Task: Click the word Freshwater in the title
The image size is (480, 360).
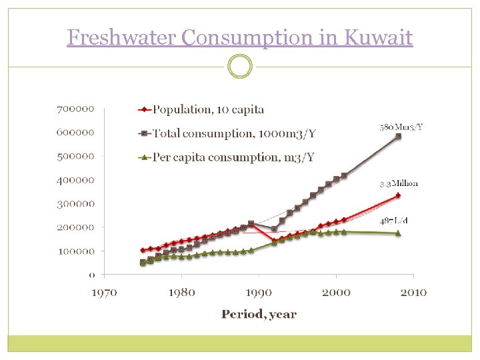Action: click(122, 37)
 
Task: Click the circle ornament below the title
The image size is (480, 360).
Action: click(240, 67)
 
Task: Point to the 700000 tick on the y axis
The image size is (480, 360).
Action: click(75, 108)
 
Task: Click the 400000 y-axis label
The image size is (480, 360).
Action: click(75, 179)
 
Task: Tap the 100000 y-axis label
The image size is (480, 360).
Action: click(75, 251)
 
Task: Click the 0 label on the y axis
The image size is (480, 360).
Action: click(91, 275)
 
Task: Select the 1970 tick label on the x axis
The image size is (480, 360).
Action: click(105, 292)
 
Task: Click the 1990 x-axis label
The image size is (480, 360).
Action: click(259, 292)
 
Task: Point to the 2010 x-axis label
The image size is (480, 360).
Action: click(413, 292)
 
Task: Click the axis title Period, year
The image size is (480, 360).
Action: click(259, 314)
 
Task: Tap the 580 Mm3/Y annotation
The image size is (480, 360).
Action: click(400, 127)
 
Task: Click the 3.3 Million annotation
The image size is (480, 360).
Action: click(399, 183)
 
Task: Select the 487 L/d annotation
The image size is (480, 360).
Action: click(399, 221)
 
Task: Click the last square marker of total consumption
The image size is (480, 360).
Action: click(398, 136)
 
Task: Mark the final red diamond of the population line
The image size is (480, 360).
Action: click(398, 195)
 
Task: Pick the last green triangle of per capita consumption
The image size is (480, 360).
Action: click(398, 233)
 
